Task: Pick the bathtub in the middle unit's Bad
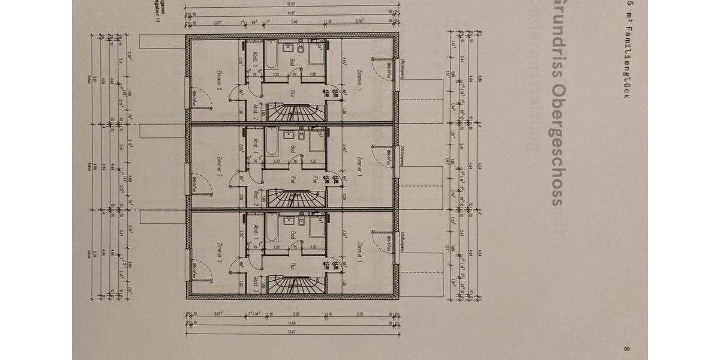tap(271, 144)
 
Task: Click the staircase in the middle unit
tap(295, 195)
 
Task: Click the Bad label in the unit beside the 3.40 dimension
tap(293, 62)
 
